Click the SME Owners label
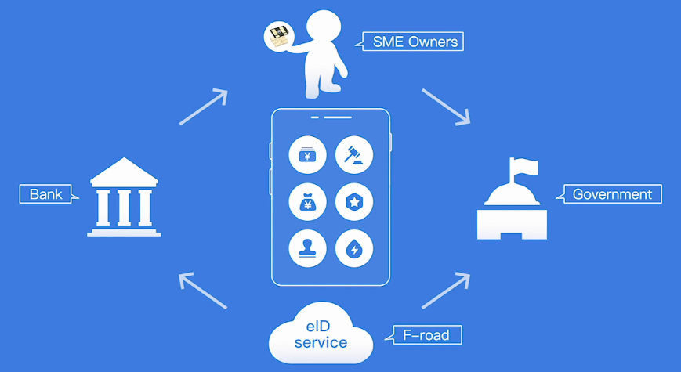tap(413, 41)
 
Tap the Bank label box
tap(45, 193)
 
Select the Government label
tap(612, 194)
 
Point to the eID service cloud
tap(320, 336)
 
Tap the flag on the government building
tap(522, 167)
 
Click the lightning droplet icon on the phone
tap(354, 249)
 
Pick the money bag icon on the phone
tap(308, 202)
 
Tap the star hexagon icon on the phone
tap(354, 202)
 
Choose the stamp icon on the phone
tap(308, 249)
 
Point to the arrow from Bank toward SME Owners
tap(204, 107)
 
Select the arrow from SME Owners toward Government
tap(446, 107)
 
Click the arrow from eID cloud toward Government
tap(446, 291)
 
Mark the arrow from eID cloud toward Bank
tap(203, 290)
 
